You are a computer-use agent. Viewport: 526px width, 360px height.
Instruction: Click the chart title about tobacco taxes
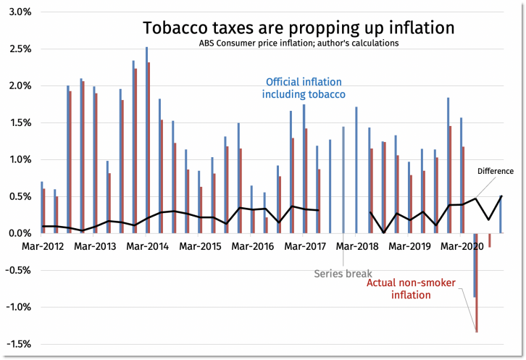coord(299,28)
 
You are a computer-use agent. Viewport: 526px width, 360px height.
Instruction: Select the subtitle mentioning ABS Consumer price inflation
coord(299,43)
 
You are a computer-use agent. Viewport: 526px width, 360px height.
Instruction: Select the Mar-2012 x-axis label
coord(43,246)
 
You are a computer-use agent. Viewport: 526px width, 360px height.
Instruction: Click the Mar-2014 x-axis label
coord(147,246)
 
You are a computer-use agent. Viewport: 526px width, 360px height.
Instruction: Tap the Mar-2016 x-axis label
coord(252,246)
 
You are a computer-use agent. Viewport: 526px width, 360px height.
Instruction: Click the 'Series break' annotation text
coord(343,274)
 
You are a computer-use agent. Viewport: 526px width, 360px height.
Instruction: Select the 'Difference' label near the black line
coord(496,172)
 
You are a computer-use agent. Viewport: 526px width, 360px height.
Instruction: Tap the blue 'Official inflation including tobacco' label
coord(304,88)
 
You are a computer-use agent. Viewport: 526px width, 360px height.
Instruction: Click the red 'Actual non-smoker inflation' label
coord(411,289)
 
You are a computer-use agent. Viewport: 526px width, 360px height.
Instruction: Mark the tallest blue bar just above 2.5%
coord(146,140)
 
